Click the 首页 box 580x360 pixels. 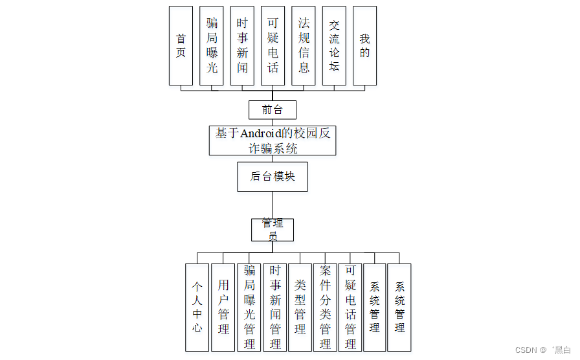pos(181,45)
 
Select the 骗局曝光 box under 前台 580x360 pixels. pos(212,45)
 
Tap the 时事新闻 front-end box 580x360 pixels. pos(242,45)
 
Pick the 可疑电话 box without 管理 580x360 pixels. pos(273,45)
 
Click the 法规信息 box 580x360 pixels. pos(304,45)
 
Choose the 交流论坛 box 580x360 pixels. pos(334,45)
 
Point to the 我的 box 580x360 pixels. pos(364,45)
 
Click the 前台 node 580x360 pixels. pos(273,109)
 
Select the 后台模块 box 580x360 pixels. pos(273,176)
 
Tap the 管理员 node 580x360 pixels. pos(273,230)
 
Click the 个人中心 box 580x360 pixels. pos(197,307)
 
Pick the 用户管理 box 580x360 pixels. pos(223,307)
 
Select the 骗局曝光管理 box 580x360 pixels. pos(249,307)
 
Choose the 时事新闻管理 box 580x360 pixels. pos(275,307)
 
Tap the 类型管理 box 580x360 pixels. pos(300,307)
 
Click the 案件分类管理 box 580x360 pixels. pos(325,307)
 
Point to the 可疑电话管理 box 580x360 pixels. pos(350,307)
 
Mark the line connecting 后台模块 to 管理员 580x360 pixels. pos(273,205)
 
